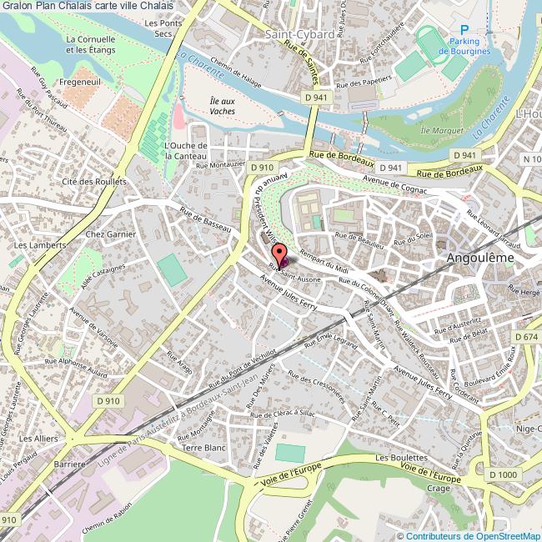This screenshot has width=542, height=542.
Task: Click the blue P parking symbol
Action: (464, 27)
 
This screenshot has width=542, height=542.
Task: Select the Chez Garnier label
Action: (110, 235)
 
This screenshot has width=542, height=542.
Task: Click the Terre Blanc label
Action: (204, 448)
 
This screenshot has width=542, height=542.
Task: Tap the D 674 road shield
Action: (526, 336)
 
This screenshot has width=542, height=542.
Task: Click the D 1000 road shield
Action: (504, 474)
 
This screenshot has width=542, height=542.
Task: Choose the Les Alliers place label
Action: (37, 438)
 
